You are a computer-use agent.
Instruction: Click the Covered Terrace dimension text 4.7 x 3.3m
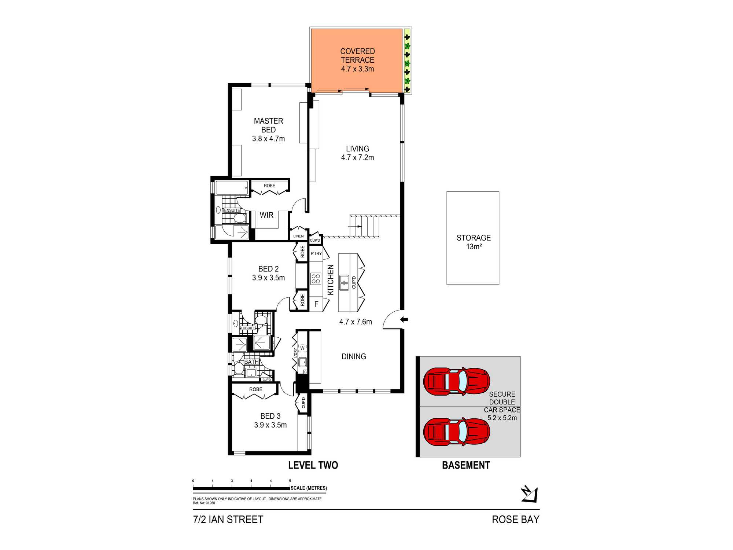(x=357, y=69)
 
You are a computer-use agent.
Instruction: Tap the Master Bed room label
(x=268, y=125)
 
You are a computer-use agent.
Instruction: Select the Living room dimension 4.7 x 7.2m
(x=357, y=158)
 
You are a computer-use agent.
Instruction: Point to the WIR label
(x=266, y=215)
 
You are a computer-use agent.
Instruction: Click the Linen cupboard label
(x=298, y=236)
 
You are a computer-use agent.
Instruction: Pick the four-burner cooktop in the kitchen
(x=316, y=279)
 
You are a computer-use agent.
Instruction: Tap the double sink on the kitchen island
(x=344, y=282)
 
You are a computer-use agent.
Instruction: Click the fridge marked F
(x=316, y=304)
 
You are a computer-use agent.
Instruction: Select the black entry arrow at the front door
(x=404, y=320)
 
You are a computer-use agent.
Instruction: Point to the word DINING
(x=354, y=356)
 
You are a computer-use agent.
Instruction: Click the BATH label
(x=251, y=362)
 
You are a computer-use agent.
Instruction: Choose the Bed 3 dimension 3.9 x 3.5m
(x=270, y=425)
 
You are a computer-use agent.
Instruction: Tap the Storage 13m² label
(x=474, y=242)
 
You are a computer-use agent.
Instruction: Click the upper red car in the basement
(x=457, y=381)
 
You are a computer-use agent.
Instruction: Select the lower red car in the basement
(x=457, y=432)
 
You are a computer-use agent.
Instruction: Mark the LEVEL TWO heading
(x=313, y=465)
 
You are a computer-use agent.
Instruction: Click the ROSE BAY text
(x=516, y=520)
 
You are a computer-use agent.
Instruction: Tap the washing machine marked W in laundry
(x=302, y=348)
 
